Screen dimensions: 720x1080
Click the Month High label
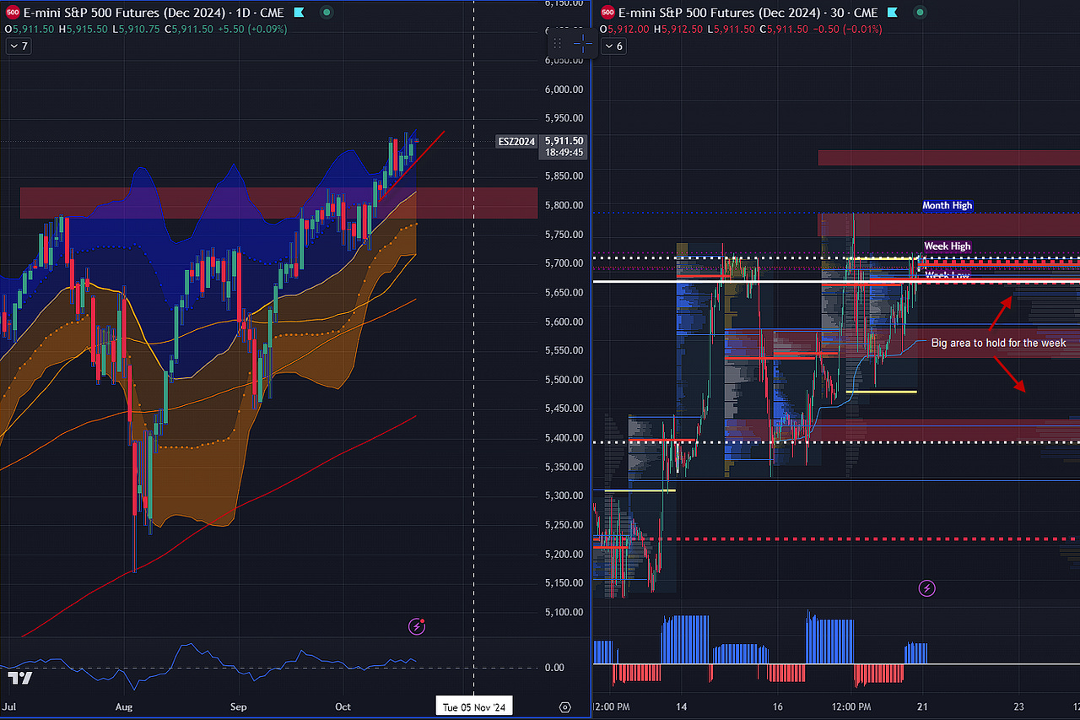pyautogui.click(x=947, y=205)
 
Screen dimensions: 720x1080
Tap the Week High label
pyautogui.click(x=947, y=246)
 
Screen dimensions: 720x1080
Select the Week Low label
pyautogui.click(x=947, y=275)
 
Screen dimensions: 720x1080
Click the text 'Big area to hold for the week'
pyautogui.click(x=998, y=343)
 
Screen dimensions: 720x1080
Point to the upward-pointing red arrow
pyautogui.click(x=1001, y=310)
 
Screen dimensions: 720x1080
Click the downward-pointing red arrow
pyautogui.click(x=1009, y=374)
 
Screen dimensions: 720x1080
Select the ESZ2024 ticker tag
pyautogui.click(x=516, y=141)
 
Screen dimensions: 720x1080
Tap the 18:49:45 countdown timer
pyautogui.click(x=564, y=154)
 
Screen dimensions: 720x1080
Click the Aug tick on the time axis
pyautogui.click(x=124, y=706)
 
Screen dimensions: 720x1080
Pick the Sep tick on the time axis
pyautogui.click(x=239, y=706)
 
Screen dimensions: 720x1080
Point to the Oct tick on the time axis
pyautogui.click(x=342, y=706)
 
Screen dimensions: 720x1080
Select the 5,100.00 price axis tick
pyautogui.click(x=564, y=612)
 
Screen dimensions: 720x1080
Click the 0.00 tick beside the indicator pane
pyautogui.click(x=553, y=668)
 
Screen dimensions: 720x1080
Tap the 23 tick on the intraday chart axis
pyautogui.click(x=1019, y=706)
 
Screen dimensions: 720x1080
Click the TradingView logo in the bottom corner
pyautogui.click(x=20, y=678)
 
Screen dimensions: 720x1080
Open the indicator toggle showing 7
pyautogui.click(x=18, y=46)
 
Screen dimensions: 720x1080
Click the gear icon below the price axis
pyautogui.click(x=564, y=706)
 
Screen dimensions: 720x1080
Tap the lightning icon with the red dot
pyautogui.click(x=416, y=625)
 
